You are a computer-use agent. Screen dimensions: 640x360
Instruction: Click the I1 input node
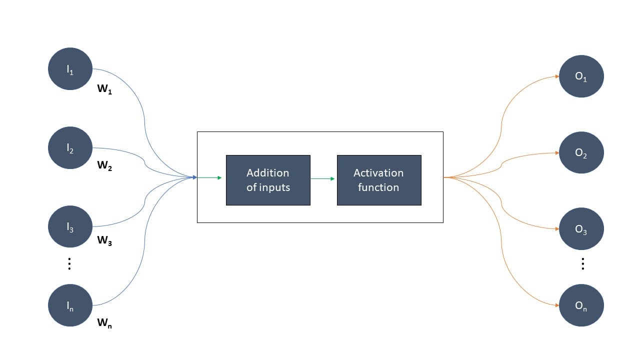point(70,69)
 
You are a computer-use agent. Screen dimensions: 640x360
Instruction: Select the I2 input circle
point(70,147)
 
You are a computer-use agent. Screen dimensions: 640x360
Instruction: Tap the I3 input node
point(70,226)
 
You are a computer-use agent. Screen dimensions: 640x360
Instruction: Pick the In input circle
point(70,305)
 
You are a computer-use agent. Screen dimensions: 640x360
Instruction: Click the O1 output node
point(581,76)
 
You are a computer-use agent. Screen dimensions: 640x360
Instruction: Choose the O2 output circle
point(581,152)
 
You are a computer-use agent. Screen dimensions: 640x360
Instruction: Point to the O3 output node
point(581,228)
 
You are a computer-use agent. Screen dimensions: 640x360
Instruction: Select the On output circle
point(581,305)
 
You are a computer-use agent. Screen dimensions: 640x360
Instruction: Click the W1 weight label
point(104,89)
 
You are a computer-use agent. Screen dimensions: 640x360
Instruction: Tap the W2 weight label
point(104,165)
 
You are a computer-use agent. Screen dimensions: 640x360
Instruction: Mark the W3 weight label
point(104,240)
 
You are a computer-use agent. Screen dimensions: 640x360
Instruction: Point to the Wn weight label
point(104,323)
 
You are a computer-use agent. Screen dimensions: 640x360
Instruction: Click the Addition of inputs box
point(268,180)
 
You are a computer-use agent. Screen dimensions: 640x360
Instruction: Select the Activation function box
point(379,180)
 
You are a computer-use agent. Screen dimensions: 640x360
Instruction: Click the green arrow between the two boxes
point(322,179)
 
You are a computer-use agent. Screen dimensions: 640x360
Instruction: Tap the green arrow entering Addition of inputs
point(209,177)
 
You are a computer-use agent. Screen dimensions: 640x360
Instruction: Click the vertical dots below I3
point(69,263)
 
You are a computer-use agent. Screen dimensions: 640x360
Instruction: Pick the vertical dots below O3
point(583,263)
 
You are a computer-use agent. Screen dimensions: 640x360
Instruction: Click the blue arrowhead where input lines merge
point(195,177)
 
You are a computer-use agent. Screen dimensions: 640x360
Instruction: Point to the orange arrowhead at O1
point(557,76)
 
